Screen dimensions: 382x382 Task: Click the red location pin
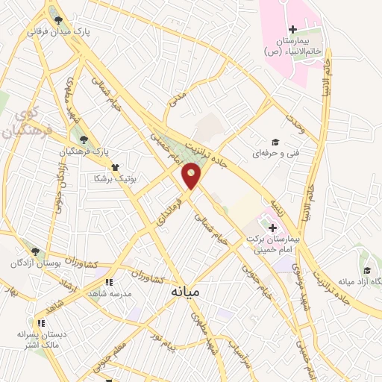coord(192,176)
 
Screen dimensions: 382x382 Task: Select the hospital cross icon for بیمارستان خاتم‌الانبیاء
coord(292,28)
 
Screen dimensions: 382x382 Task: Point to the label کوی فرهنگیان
coord(34,124)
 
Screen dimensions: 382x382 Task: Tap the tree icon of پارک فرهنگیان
coord(83,139)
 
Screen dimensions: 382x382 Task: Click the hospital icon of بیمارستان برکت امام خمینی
coord(272,228)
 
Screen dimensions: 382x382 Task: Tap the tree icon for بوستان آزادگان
coord(33,252)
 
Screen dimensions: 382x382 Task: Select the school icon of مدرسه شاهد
coord(108,282)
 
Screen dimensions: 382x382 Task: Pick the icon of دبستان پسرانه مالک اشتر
coord(41,323)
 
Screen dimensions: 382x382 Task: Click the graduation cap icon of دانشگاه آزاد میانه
coord(366,270)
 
